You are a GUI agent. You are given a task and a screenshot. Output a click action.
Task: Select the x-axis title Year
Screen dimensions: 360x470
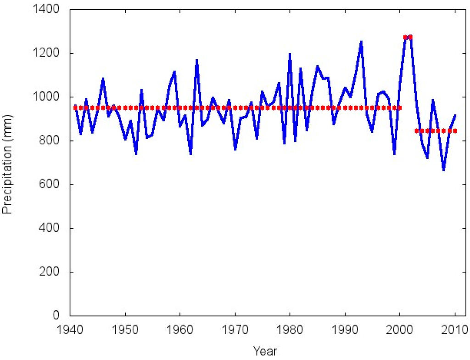tap(265, 351)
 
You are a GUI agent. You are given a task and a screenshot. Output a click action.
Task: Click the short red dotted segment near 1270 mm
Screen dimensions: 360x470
tap(408, 37)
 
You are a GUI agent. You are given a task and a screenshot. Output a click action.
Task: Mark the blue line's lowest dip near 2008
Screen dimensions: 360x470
tap(443, 170)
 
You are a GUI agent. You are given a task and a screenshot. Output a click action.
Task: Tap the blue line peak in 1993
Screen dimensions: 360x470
tap(361, 42)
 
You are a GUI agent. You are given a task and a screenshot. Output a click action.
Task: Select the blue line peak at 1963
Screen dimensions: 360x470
tap(196, 60)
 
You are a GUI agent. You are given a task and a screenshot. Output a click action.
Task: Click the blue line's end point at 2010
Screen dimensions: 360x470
tap(455, 115)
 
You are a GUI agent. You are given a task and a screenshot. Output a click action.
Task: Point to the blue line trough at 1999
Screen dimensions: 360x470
tap(394, 154)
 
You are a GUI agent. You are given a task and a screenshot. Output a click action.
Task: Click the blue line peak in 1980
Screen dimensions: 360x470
tap(290, 54)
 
